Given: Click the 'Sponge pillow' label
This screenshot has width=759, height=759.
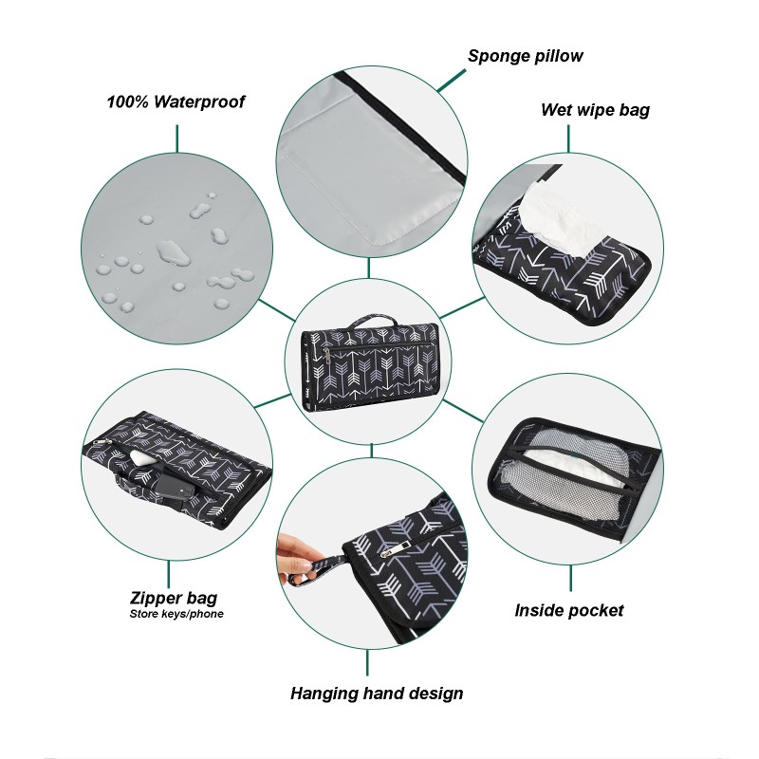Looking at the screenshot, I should click(x=525, y=56).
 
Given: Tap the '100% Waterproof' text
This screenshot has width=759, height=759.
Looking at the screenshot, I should click(x=176, y=102).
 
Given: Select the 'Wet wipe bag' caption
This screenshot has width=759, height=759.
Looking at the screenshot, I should click(x=595, y=110).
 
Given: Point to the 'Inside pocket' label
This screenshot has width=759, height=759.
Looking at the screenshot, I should click(x=569, y=610).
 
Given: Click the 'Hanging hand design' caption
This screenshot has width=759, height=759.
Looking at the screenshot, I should click(x=377, y=694).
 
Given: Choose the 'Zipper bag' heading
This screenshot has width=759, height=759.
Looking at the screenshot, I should click(x=174, y=598).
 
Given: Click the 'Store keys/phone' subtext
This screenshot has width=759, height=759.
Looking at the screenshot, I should click(x=176, y=614).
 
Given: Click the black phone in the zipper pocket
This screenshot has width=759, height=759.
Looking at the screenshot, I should click(x=176, y=484).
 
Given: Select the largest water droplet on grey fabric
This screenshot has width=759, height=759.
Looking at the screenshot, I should click(x=173, y=251).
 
